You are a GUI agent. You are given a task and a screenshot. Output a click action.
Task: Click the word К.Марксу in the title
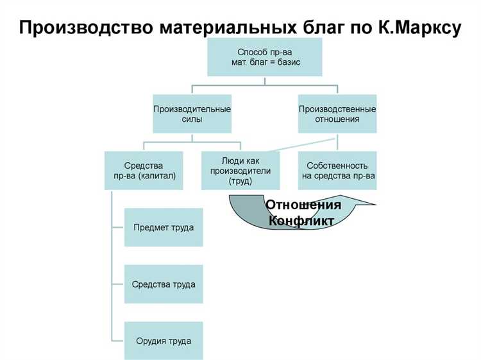(x=416, y=28)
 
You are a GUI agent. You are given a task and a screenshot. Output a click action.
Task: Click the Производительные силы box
(x=192, y=114)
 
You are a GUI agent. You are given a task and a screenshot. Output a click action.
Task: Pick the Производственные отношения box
(x=337, y=114)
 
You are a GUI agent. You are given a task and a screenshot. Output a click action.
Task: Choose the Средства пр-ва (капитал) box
(x=143, y=170)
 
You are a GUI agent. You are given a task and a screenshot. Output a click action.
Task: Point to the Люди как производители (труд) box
(x=240, y=170)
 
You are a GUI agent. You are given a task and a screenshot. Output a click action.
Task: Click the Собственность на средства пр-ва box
(x=337, y=170)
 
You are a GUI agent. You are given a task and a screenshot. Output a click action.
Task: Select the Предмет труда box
(x=164, y=227)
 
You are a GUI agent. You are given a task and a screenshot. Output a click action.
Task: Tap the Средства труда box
(x=164, y=284)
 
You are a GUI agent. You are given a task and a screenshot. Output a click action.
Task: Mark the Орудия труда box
(x=164, y=341)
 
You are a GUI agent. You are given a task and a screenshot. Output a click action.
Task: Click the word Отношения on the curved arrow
(x=303, y=205)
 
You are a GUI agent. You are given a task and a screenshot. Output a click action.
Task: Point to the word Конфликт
(x=301, y=221)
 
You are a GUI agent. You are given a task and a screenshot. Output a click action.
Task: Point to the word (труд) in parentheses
(x=240, y=182)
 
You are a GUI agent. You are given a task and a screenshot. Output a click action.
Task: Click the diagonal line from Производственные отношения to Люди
(x=301, y=143)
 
